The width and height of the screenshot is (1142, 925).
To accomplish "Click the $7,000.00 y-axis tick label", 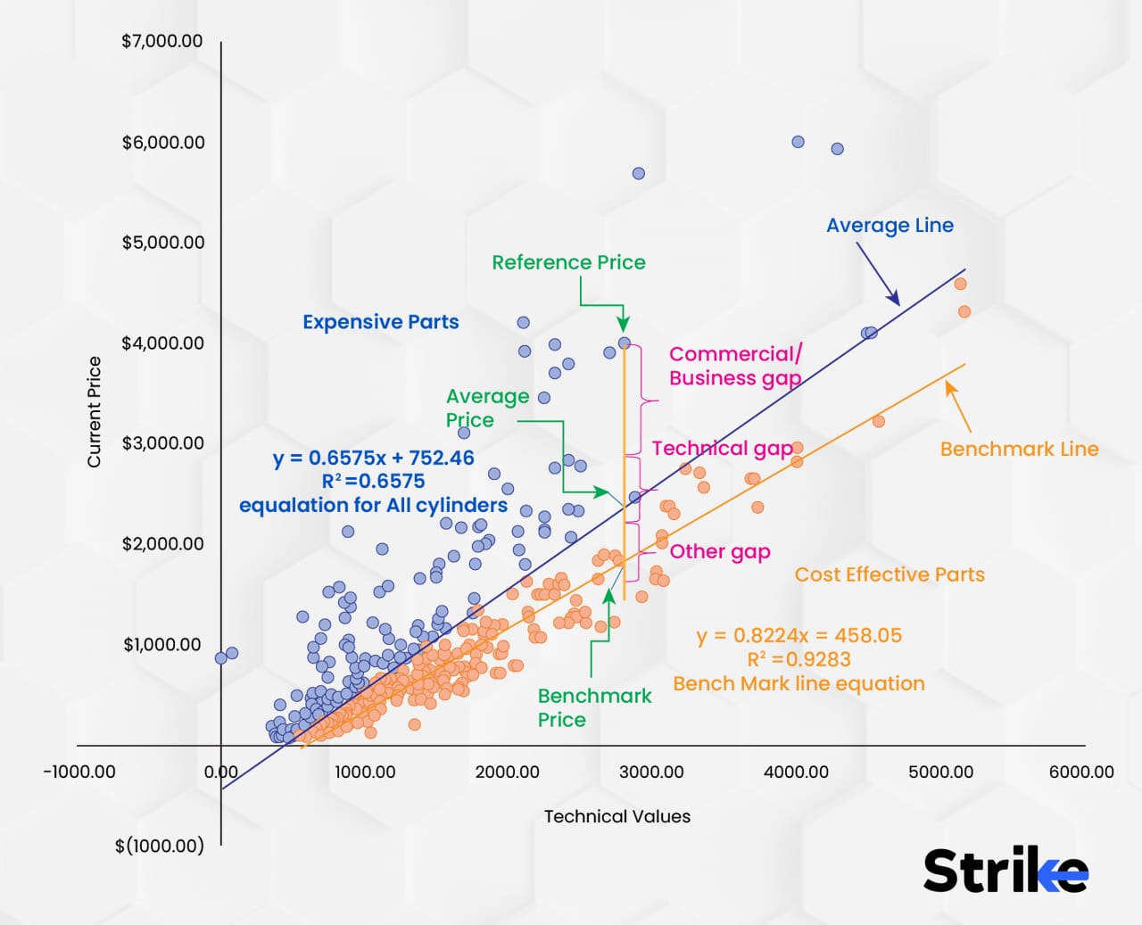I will [162, 41].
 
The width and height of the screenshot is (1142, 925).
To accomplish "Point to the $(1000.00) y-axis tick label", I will [159, 846].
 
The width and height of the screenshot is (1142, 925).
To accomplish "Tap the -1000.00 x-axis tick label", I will [79, 772].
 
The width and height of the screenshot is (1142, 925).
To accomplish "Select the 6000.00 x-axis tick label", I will [1081, 772].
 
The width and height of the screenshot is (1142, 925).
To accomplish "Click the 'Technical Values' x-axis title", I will [617, 816].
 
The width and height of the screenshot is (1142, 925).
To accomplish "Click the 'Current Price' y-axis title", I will [94, 411].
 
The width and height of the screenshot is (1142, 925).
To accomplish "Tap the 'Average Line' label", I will [890, 226].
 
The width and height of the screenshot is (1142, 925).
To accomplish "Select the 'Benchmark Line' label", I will [1019, 449].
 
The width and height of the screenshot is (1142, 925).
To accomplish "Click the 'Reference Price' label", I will [568, 262].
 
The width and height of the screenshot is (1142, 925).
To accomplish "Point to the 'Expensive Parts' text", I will [380, 322].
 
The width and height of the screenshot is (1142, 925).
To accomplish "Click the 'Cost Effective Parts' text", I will [890, 574].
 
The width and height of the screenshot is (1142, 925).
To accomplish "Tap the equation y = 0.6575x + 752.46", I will [373, 458].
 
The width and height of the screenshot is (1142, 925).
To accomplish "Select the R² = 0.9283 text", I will [799, 659].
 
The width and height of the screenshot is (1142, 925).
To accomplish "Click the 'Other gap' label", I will [720, 551].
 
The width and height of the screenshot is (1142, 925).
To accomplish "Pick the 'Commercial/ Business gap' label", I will [735, 366].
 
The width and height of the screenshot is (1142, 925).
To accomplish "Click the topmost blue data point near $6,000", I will [798, 142].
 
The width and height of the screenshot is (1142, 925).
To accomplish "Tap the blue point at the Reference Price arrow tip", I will [625, 343].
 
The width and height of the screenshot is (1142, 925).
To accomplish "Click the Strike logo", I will [1005, 871].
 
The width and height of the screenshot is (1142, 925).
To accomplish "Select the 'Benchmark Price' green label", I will [594, 707].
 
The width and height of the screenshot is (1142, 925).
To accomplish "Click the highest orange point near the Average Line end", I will [960, 284].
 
